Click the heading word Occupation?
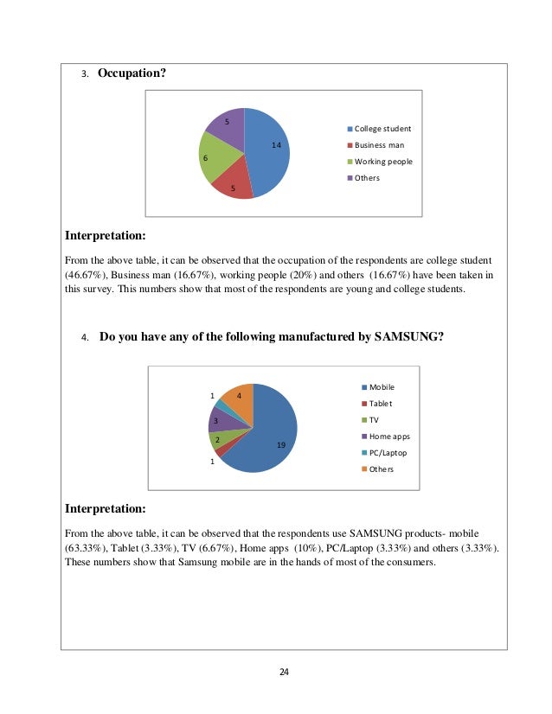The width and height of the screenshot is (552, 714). click(132, 73)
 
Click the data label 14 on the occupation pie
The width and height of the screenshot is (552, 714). click(276, 145)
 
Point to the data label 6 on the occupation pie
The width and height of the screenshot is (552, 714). click(205, 159)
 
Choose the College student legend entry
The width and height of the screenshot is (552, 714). click(382, 129)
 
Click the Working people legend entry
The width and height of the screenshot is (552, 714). click(382, 162)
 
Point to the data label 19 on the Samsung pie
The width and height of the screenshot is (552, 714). click(281, 444)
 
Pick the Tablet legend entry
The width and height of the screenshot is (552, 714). click(379, 404)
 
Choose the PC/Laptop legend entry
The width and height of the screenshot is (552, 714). click(386, 453)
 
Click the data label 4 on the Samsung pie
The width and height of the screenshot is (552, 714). click(239, 396)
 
